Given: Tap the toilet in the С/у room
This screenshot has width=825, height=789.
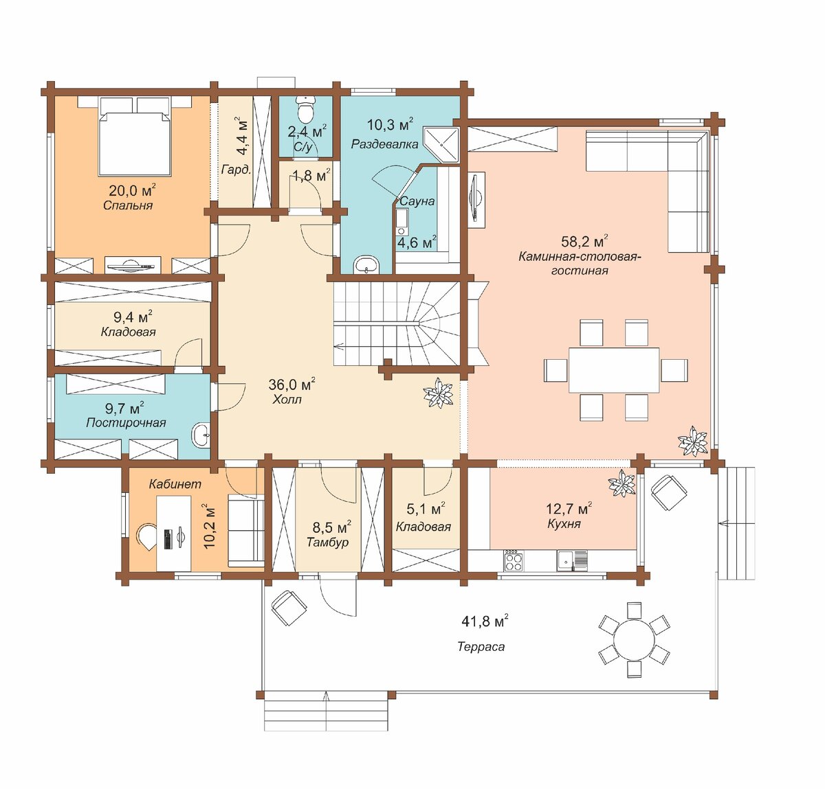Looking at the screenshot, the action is coord(305,109).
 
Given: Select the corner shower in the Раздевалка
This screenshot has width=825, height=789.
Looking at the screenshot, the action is coord(442,145).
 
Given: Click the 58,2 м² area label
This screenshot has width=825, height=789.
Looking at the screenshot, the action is coord(584,241).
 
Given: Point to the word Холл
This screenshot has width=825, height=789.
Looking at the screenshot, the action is coord(287,400).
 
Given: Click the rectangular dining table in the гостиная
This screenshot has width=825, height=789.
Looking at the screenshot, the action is coord(614,370).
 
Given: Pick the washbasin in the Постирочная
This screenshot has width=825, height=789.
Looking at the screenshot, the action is coord(201,435).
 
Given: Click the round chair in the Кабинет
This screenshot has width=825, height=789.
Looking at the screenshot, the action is coord(146,537).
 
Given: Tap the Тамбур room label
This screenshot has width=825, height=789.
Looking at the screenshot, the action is coord(327,542).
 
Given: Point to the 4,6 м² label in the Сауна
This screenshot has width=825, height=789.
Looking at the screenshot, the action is coord(417,243).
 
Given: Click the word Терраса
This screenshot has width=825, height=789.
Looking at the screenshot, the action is coord(481,647).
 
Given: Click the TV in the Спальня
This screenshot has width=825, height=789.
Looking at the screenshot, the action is coord(133,265).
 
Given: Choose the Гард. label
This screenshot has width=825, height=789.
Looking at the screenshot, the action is coord(236,170).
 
